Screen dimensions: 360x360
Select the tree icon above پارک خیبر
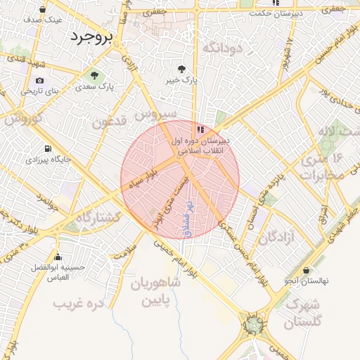click(183, 69)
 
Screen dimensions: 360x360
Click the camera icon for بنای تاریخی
click(39, 79)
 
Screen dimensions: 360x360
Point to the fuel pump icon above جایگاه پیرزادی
click(47, 148)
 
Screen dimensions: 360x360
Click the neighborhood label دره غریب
click(78, 304)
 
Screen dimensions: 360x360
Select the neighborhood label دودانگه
click(222, 48)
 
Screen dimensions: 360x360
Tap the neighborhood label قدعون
click(109, 122)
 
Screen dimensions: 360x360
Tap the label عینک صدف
click(42, 20)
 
